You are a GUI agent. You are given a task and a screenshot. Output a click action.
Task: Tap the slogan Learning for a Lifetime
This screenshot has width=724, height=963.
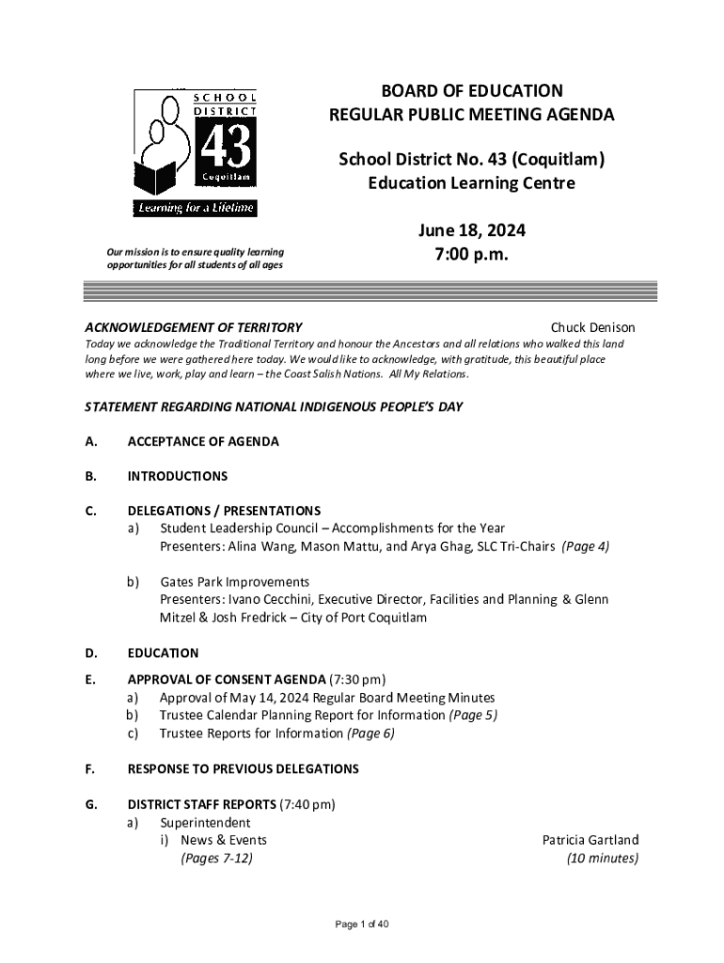click(195, 208)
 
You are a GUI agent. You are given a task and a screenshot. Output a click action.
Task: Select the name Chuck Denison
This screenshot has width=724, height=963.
click(592, 327)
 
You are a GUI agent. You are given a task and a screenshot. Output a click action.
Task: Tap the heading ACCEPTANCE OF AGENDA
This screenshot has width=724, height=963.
click(203, 441)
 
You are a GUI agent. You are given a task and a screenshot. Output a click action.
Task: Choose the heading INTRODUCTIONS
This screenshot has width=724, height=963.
click(178, 476)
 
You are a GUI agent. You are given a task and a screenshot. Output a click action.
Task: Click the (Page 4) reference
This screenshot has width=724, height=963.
click(585, 546)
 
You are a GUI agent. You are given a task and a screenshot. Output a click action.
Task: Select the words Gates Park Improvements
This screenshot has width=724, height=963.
click(234, 582)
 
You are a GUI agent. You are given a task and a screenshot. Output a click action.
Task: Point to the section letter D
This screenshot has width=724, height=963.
click(90, 653)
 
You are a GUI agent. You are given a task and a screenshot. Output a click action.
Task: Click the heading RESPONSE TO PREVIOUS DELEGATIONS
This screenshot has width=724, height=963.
click(243, 768)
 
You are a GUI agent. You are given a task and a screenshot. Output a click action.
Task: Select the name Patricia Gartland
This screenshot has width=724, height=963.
click(590, 840)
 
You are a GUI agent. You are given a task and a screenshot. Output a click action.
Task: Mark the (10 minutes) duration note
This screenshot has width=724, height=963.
click(602, 858)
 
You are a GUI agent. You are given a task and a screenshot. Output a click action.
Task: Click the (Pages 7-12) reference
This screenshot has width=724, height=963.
click(216, 858)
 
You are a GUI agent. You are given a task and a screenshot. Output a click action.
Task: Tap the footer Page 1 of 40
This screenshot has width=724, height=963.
click(362, 924)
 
